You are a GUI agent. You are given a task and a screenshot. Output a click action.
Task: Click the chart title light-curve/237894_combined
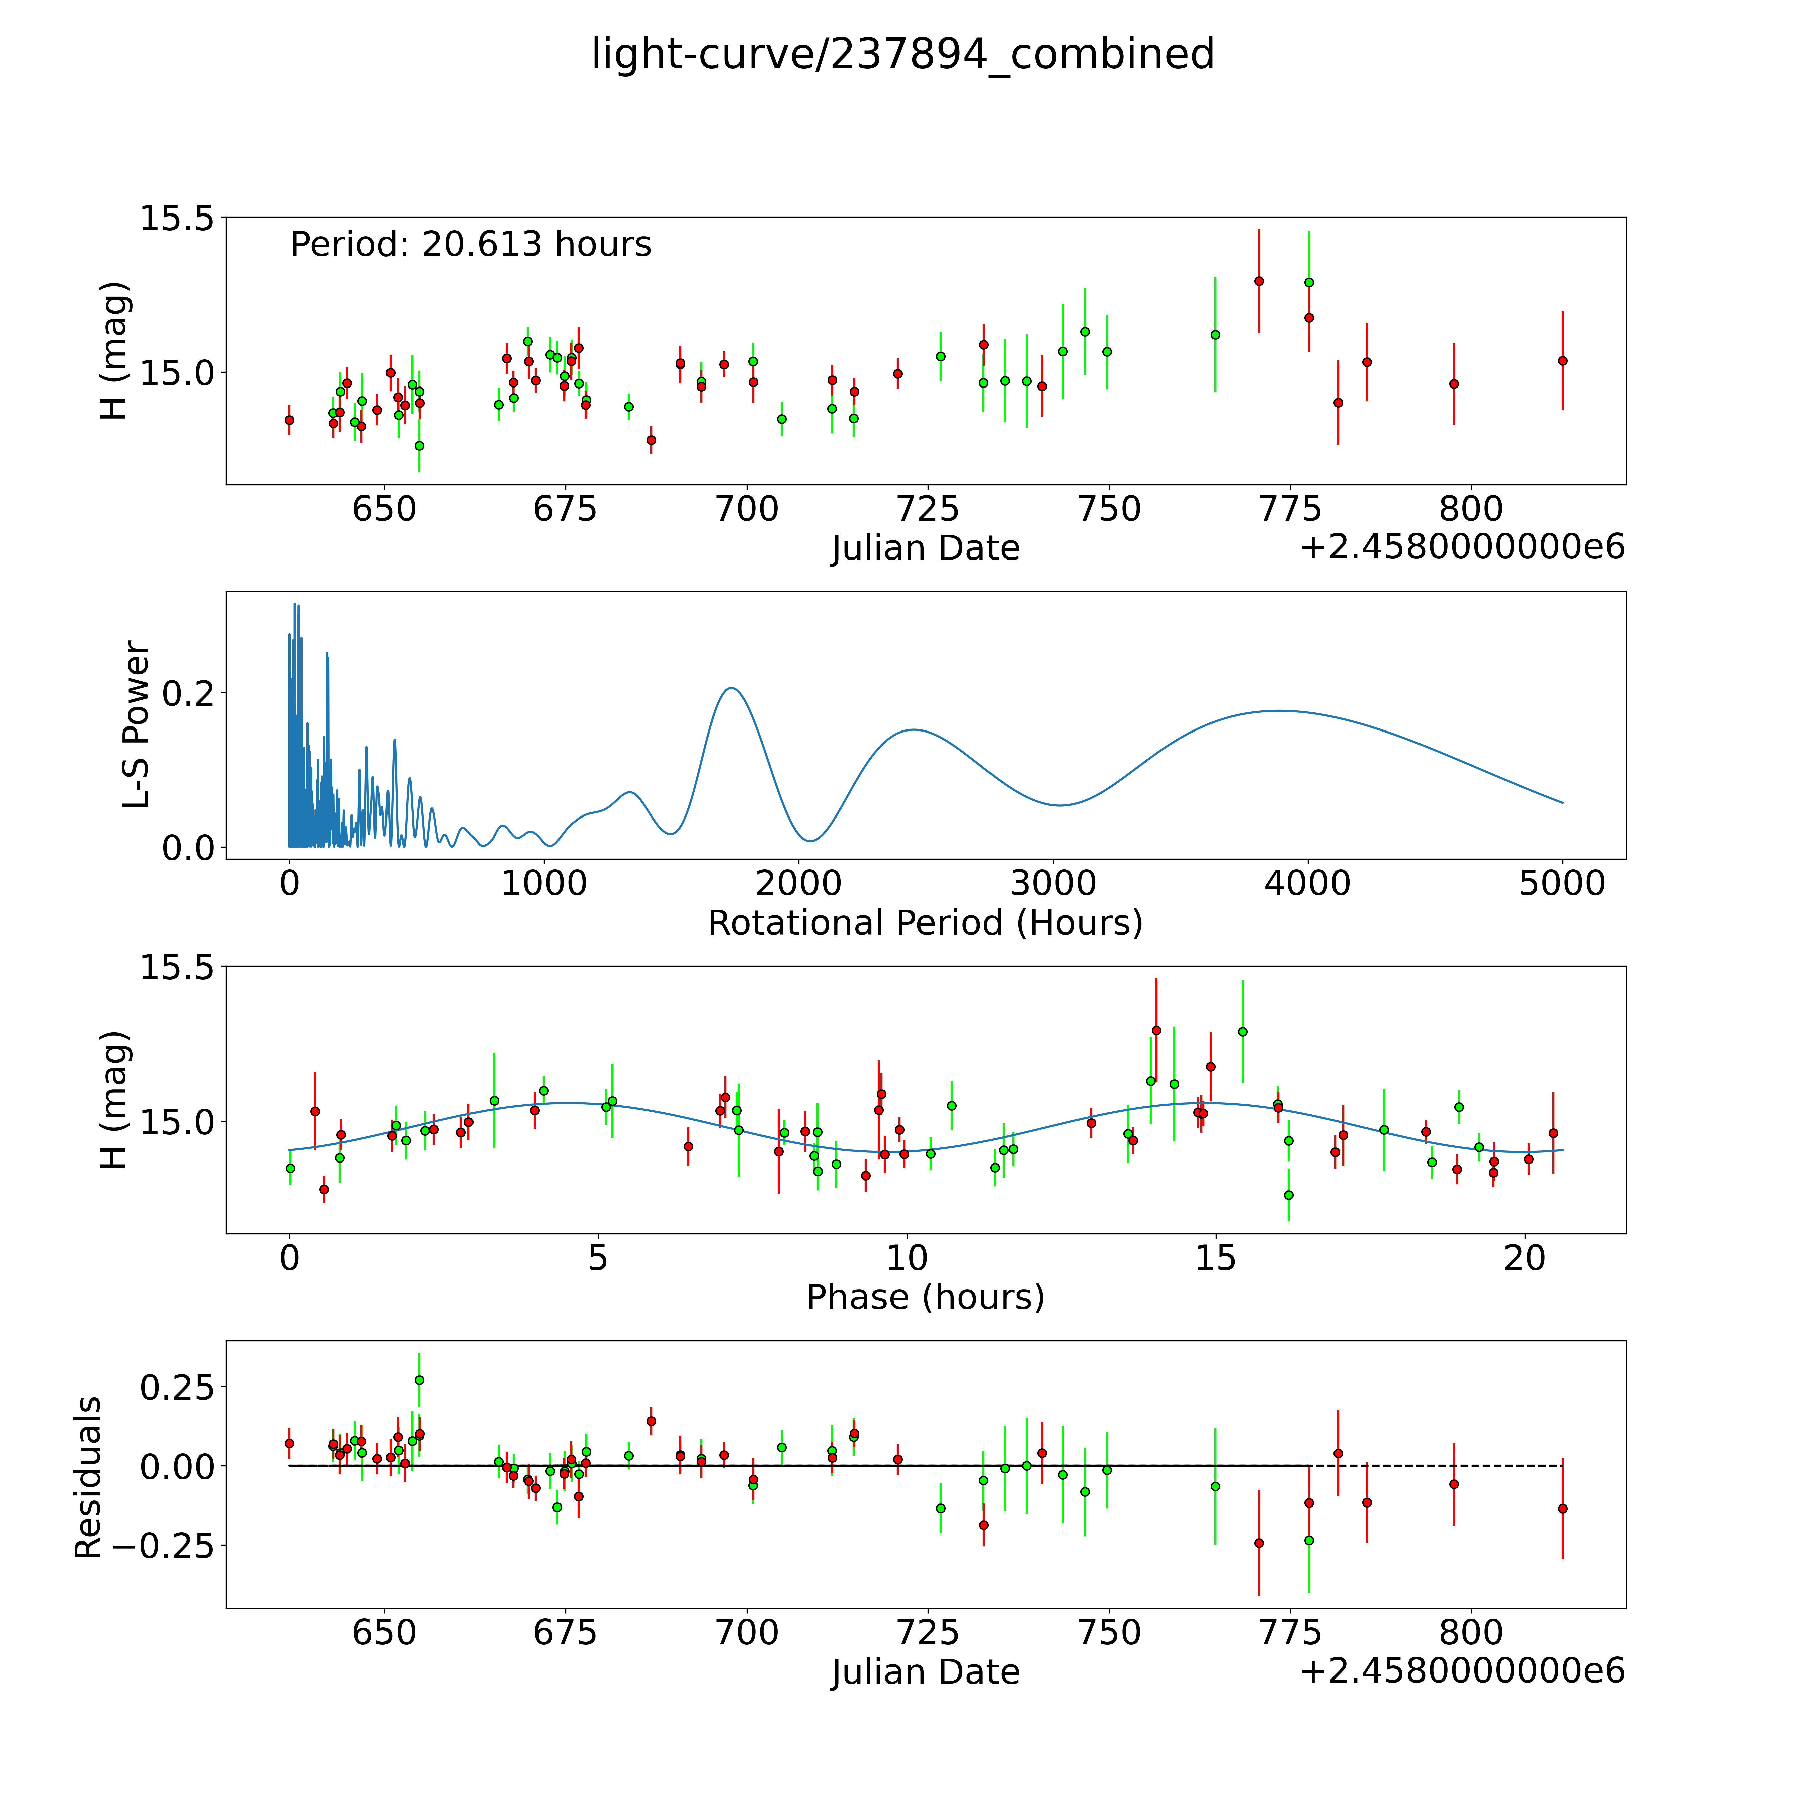coord(902,54)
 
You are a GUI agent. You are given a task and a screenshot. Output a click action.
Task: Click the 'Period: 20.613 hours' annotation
coord(470,244)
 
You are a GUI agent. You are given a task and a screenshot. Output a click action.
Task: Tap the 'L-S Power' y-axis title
coord(137,725)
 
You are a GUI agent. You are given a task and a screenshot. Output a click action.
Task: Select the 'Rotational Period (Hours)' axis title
coord(925,923)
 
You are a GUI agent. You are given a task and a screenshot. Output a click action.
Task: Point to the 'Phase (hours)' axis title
coord(925,1297)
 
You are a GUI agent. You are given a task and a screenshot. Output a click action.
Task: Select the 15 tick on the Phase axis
coord(1215,1258)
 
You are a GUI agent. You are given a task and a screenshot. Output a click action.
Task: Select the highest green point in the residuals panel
coord(419,1380)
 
